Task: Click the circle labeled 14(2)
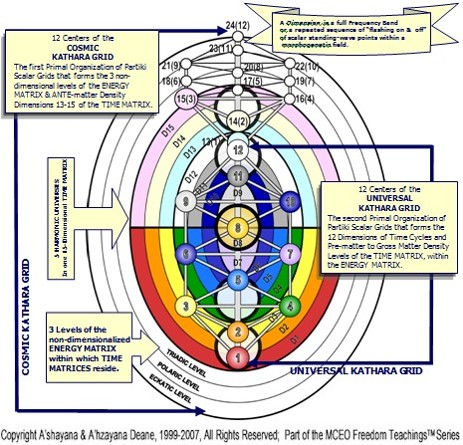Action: [237, 120]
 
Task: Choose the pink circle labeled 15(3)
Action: [185, 99]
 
